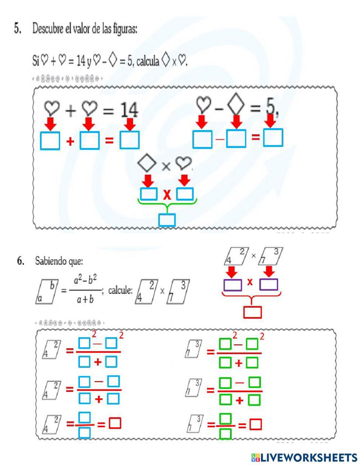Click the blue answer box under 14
tap(129, 140)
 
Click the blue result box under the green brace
tap(167, 220)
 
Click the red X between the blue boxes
tap(167, 195)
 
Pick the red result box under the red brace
tap(252, 312)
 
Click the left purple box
tap(233, 285)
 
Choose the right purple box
tap(269, 285)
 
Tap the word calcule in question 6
tap(120, 290)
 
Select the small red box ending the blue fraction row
tap(115, 423)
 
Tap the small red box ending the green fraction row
tap(256, 424)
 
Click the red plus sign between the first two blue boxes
tap(70, 141)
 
